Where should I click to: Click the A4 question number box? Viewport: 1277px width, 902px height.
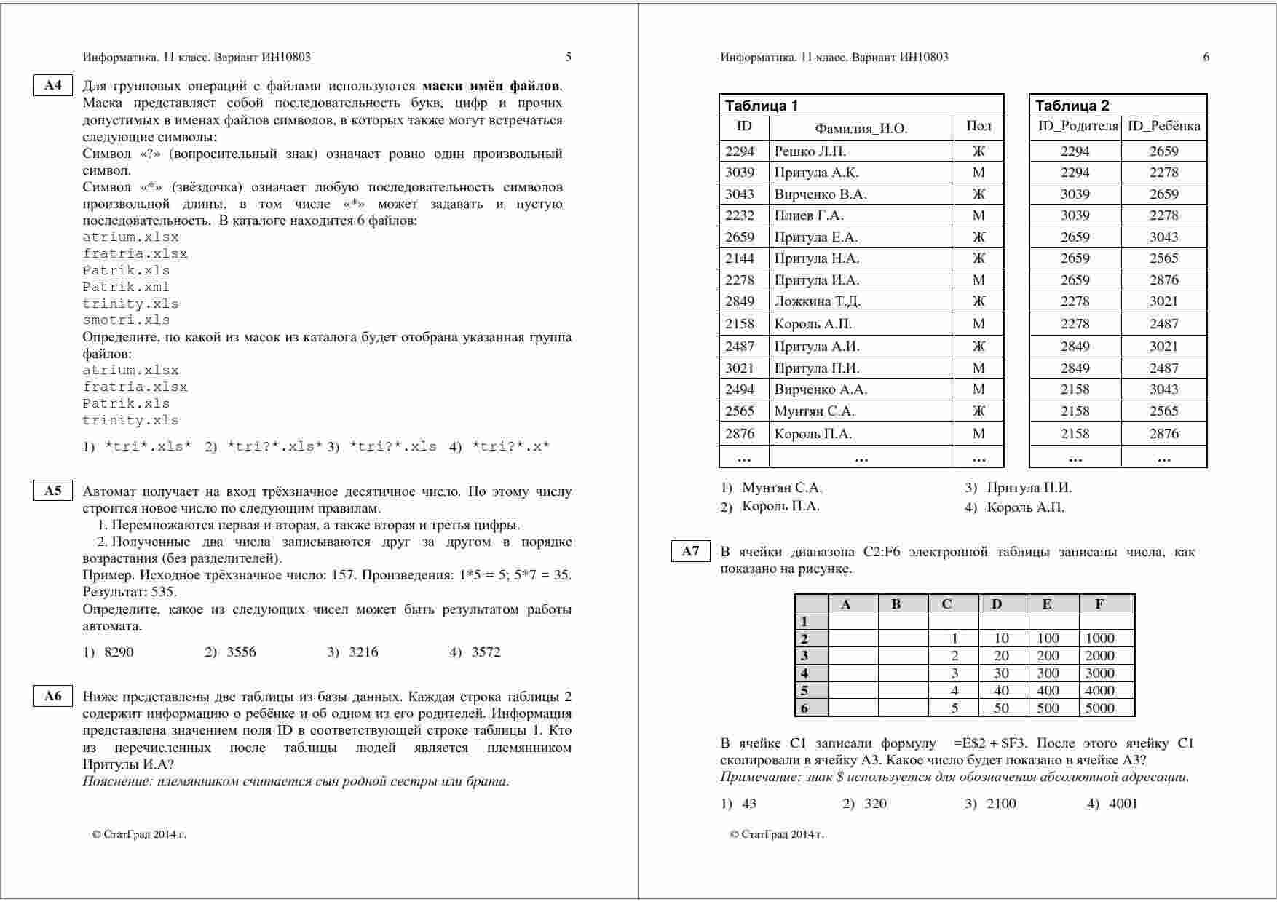[x=53, y=85]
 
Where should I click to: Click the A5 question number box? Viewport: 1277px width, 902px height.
[x=53, y=491]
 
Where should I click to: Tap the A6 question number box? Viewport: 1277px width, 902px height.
[x=53, y=696]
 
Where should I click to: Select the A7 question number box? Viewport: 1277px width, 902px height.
[x=690, y=551]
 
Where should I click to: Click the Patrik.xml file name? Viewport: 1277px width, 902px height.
[x=125, y=287]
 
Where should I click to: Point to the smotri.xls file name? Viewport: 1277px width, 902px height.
[x=125, y=320]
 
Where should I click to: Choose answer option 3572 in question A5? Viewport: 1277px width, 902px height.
[x=486, y=652]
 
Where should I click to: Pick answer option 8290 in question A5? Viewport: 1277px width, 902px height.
[x=119, y=652]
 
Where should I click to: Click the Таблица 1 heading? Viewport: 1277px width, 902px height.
[x=762, y=106]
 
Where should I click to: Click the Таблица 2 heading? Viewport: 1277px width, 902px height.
[x=1072, y=106]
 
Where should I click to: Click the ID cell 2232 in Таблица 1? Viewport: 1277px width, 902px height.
[x=740, y=215]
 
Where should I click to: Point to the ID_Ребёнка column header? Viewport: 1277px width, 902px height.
[x=1163, y=127]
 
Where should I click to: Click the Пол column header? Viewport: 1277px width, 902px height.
[x=978, y=127]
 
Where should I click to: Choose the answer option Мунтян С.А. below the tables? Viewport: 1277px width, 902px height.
[x=781, y=488]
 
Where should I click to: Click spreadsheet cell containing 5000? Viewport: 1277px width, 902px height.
[x=1099, y=708]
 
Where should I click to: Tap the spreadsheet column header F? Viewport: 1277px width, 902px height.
[x=1099, y=604]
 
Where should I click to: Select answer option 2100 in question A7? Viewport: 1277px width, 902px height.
[x=1001, y=804]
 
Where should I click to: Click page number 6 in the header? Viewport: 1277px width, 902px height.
[x=1206, y=57]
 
